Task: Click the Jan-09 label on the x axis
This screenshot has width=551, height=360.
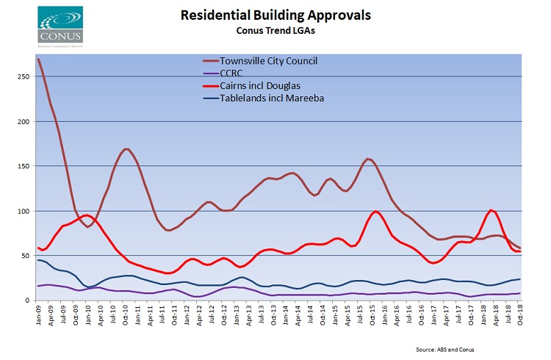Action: (38, 317)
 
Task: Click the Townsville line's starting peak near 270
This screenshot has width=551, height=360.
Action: (38, 59)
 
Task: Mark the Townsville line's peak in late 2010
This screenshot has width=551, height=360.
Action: (126, 149)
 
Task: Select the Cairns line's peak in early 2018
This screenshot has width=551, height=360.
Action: (491, 211)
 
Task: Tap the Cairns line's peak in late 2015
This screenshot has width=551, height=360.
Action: (376, 212)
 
